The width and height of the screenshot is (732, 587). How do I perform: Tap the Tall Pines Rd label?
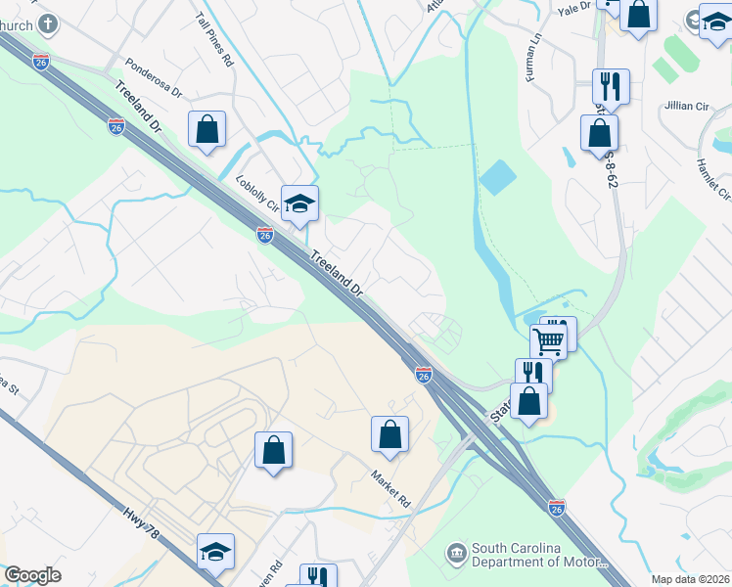214,40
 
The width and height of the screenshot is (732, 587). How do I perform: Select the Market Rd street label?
389,487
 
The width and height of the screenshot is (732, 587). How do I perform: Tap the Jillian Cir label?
688,105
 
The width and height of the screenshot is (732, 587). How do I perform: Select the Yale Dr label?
574,8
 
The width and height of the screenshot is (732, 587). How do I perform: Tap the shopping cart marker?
549,340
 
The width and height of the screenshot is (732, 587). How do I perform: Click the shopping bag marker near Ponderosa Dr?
207,129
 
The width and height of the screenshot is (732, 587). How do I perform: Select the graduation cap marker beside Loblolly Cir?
300,203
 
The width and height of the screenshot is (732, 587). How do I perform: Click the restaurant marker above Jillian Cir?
611,86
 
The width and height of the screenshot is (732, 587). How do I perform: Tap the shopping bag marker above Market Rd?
389,433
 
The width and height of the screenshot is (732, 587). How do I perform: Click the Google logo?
32,575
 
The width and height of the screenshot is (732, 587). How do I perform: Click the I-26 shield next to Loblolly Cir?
265,235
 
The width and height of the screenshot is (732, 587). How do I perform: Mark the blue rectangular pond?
497,177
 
